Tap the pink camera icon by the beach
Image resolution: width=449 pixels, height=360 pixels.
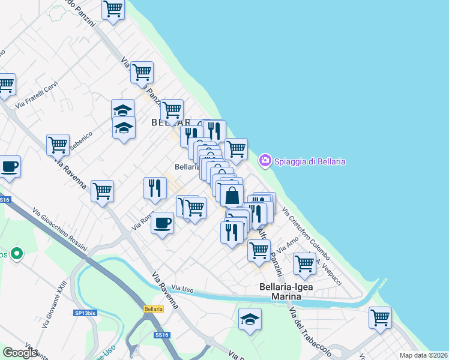point(265,161)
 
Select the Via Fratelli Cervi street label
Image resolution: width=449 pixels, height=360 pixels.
point(37,97)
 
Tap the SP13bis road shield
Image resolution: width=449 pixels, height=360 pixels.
point(85,313)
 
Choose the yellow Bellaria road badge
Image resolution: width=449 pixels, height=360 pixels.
point(154,309)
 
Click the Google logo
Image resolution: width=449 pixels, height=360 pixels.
point(20,353)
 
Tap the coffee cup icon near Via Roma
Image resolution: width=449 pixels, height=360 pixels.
point(162,223)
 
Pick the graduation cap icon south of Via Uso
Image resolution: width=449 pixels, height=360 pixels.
point(250,320)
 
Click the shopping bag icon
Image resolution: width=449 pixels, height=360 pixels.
point(232,196)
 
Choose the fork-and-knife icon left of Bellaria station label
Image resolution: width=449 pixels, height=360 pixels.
point(155,188)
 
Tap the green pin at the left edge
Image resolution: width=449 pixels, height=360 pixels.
point(17,254)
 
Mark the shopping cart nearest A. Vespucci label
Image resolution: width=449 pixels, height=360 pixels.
point(304,263)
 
